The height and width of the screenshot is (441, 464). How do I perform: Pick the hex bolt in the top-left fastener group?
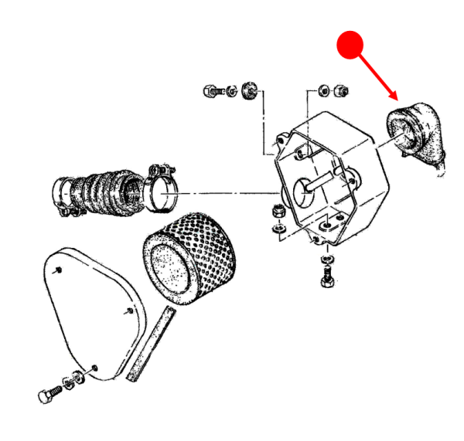[216, 90]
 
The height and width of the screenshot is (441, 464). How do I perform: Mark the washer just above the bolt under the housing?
[325, 256]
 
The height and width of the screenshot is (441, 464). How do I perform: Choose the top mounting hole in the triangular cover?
[60, 270]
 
